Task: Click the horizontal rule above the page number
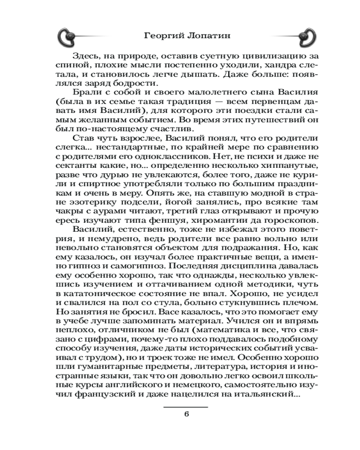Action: pyautogui.click(x=185, y=406)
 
